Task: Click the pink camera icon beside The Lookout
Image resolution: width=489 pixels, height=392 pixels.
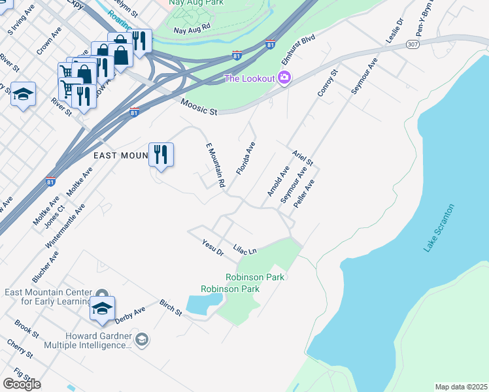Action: (284, 78)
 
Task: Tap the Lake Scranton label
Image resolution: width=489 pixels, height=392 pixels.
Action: (439, 228)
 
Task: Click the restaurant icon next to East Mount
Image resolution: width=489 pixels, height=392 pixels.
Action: (161, 155)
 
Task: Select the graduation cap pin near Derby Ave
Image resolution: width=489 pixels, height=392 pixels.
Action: (102, 308)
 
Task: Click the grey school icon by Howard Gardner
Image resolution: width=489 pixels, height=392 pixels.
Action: (142, 339)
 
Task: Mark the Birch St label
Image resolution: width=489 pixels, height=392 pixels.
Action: (171, 308)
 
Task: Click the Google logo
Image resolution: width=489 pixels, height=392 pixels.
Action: (22, 384)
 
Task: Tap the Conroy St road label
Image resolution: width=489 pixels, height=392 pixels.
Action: (326, 84)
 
